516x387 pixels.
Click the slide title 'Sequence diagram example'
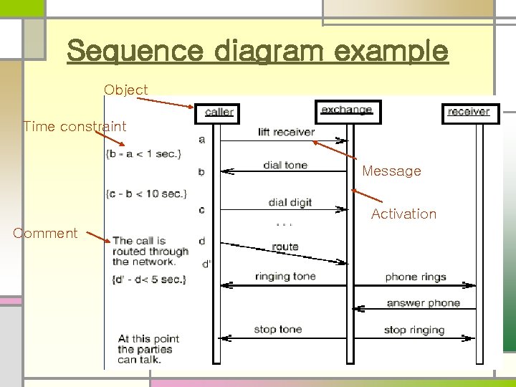click(x=257, y=51)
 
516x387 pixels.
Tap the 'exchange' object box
click(x=348, y=110)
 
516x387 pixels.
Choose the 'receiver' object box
click(x=468, y=112)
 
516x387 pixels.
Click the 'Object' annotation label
click(x=125, y=90)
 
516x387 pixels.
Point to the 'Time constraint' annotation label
click(x=75, y=127)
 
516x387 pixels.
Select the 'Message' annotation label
click(x=391, y=171)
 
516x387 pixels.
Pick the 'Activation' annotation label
click(x=403, y=214)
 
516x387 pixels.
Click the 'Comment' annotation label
click(x=45, y=233)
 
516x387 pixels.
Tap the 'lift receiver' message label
click(x=286, y=132)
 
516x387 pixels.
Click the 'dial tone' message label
click(x=285, y=166)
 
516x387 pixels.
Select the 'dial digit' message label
click(x=290, y=203)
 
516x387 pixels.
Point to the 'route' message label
click(x=285, y=247)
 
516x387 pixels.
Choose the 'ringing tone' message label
click(x=285, y=277)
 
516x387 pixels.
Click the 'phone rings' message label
click(x=416, y=277)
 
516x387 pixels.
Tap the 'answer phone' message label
click(x=423, y=303)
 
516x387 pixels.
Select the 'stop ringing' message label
click(x=414, y=330)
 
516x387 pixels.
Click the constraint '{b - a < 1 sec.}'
click(x=143, y=153)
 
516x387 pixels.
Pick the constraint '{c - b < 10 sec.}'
click(x=145, y=193)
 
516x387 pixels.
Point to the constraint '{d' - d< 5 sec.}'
click(x=148, y=279)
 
